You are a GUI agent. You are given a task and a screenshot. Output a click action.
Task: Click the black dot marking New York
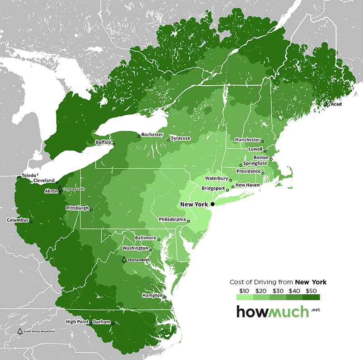click(212, 204)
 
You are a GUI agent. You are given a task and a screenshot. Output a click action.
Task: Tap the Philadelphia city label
click(172, 219)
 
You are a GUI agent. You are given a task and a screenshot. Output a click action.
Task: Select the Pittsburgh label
click(77, 208)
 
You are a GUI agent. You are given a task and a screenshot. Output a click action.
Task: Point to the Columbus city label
click(18, 220)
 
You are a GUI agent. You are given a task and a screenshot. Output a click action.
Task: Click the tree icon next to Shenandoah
click(123, 259)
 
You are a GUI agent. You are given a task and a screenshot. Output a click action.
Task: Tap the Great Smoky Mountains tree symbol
click(20, 331)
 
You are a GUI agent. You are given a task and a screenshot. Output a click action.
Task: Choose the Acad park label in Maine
click(336, 104)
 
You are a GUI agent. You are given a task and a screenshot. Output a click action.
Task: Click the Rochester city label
click(152, 135)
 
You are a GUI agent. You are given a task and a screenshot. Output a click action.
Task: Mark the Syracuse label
click(181, 138)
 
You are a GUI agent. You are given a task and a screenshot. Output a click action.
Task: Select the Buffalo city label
click(103, 142)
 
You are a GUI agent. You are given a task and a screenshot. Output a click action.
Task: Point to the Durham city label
click(101, 322)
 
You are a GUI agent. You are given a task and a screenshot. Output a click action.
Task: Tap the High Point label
click(77, 322)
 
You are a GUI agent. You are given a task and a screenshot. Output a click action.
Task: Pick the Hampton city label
click(152, 295)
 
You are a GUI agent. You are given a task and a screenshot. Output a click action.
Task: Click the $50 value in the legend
click(311, 291)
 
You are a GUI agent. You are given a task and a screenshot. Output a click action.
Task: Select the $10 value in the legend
click(243, 291)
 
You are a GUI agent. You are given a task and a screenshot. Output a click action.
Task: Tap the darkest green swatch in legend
click(311, 297)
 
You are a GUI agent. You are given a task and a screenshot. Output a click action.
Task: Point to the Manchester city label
click(248, 140)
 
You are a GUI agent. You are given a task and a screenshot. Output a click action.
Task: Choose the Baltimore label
click(146, 238)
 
